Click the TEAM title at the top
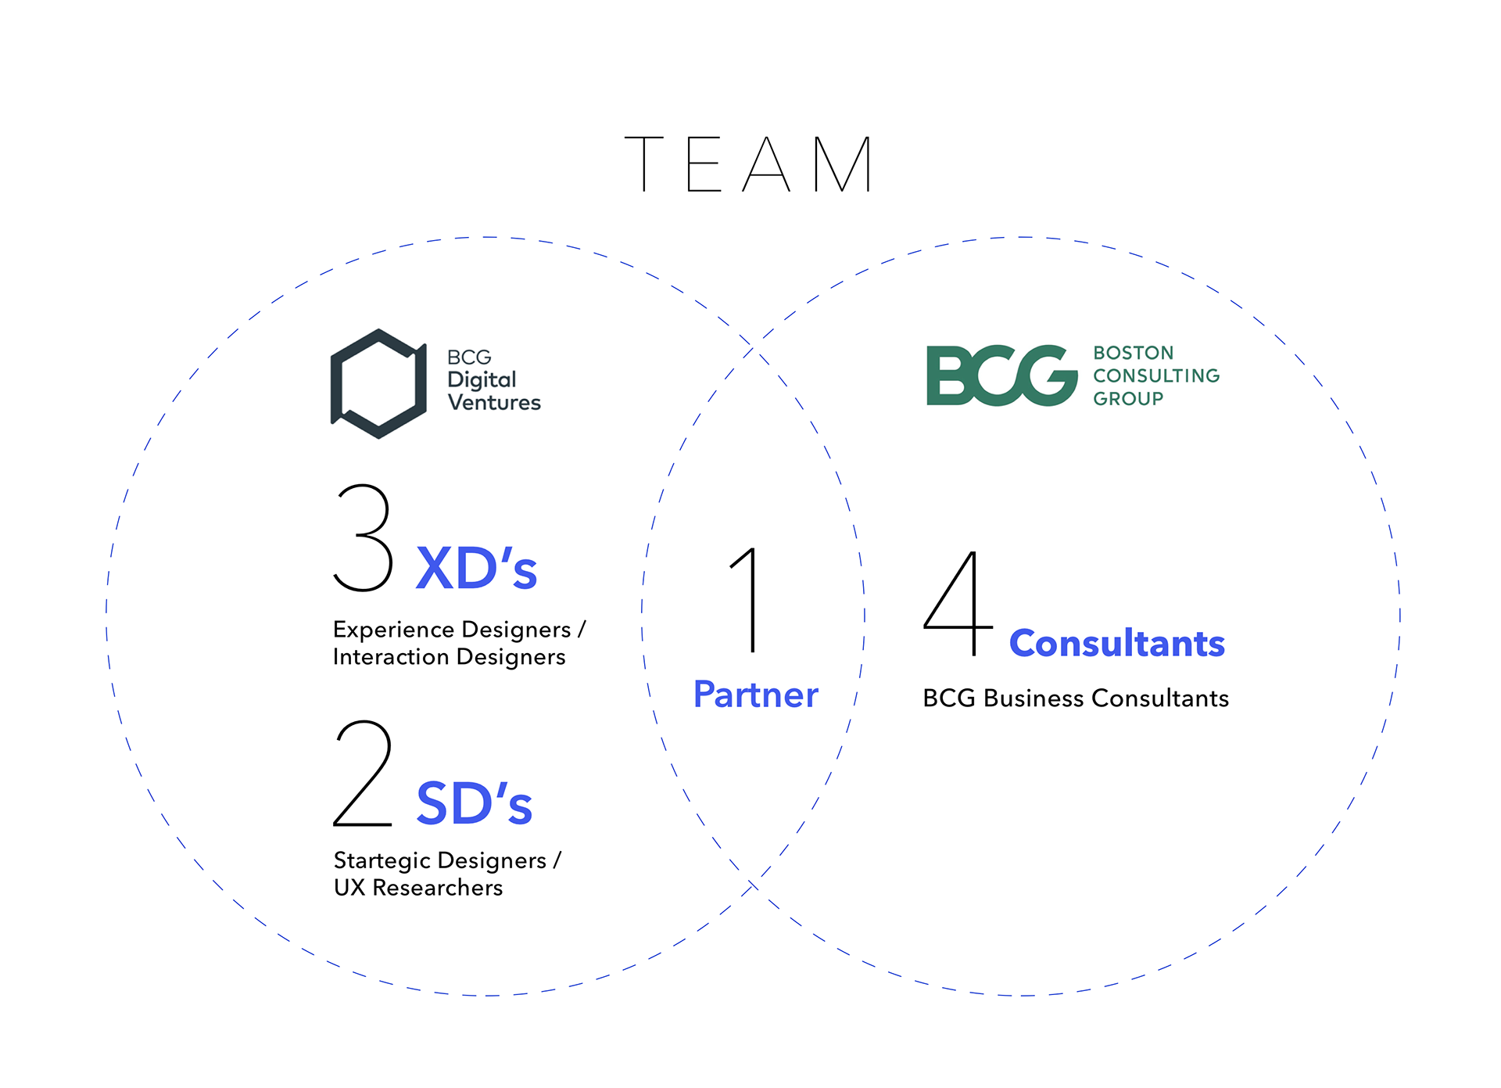(x=749, y=164)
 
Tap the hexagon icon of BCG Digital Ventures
(x=378, y=383)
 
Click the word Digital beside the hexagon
(x=482, y=380)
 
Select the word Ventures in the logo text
(x=494, y=403)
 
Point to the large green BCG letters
(x=1001, y=376)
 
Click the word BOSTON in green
(x=1134, y=353)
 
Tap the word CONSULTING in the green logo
(x=1156, y=375)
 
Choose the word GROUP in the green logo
(x=1128, y=399)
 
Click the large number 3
(x=363, y=537)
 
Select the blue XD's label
(x=476, y=569)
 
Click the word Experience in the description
(x=393, y=630)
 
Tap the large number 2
(x=363, y=773)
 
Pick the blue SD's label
(x=474, y=804)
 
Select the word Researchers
(x=438, y=888)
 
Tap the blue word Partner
(x=755, y=695)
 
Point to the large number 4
(x=957, y=604)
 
